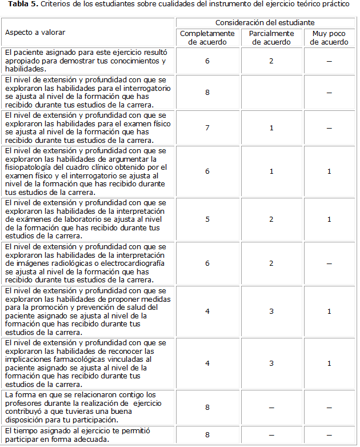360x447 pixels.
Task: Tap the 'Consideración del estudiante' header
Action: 265,22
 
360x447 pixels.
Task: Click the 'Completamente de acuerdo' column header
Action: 207,38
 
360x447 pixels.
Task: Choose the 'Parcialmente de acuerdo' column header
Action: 272,38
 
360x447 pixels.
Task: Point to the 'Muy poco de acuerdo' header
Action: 329,38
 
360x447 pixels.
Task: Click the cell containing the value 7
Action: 207,127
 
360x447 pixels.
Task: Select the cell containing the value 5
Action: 207,219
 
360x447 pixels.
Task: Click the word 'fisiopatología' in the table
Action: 29,167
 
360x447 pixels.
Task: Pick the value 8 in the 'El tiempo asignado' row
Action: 207,435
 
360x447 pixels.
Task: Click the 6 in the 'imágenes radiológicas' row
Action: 207,264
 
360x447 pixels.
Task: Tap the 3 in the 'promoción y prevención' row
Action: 272,312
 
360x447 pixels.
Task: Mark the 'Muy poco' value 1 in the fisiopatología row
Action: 329,171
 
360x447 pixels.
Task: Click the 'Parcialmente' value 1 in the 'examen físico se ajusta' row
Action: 272,127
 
